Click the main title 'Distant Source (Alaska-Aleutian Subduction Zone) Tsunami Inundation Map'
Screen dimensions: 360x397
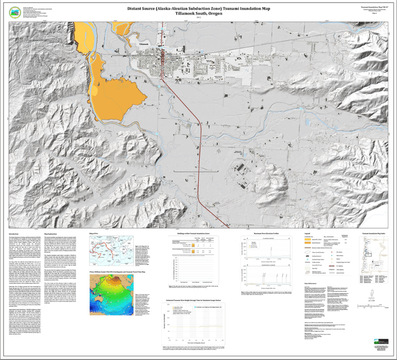click(x=199, y=8)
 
